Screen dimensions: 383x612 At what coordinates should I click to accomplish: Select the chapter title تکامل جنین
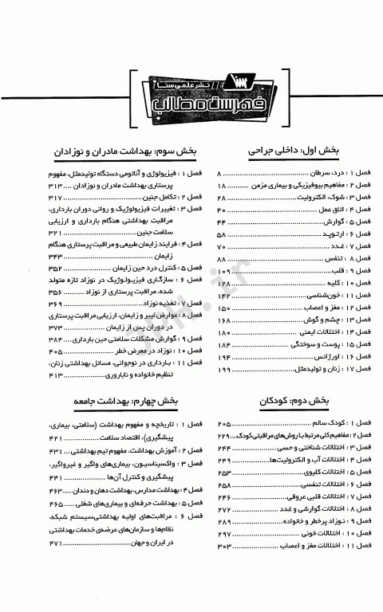[144, 197]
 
